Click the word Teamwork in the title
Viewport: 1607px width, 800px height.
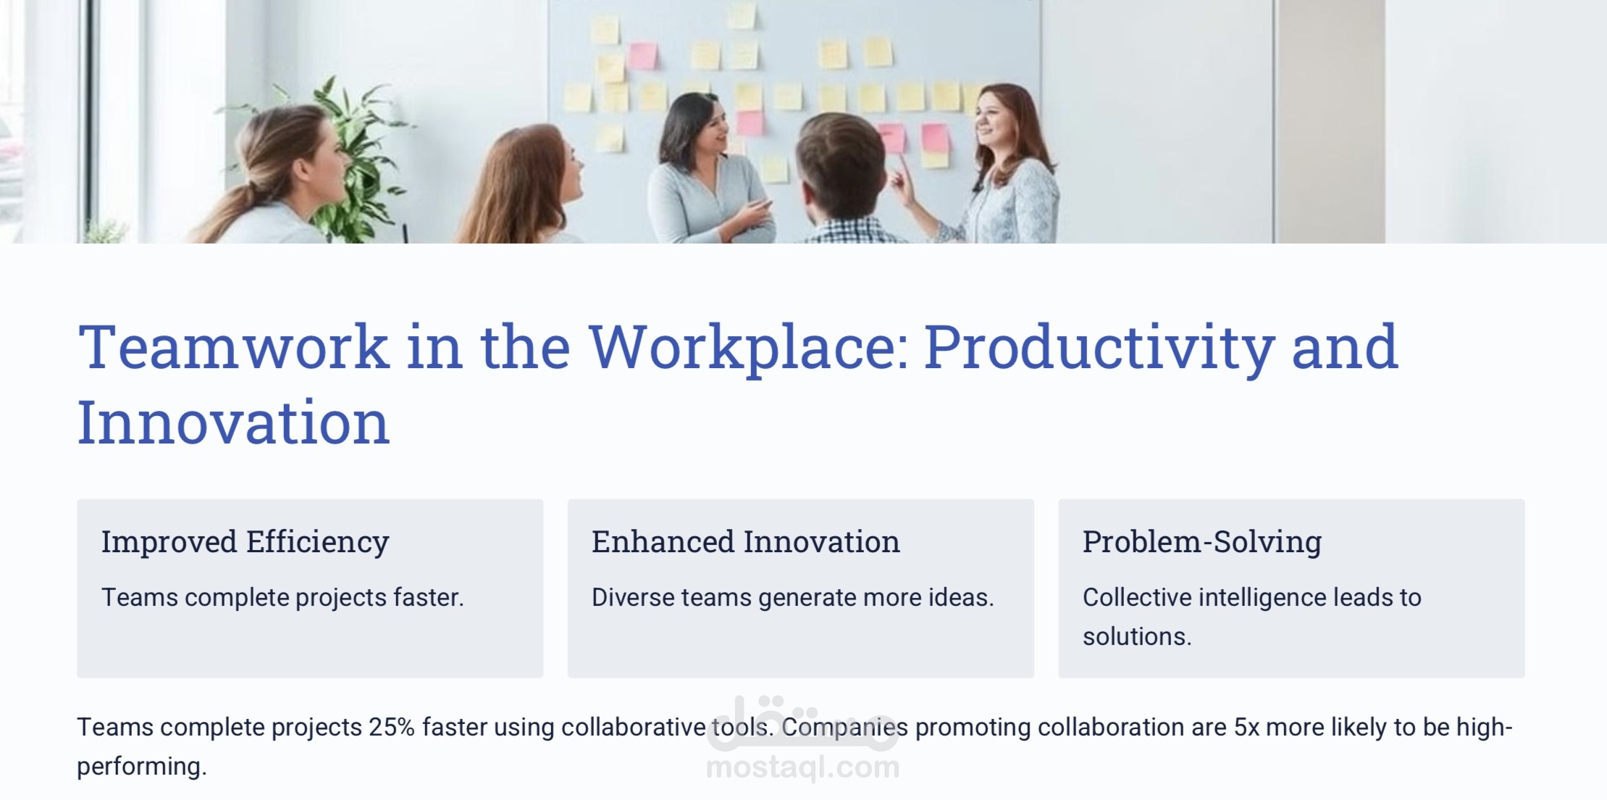pyautogui.click(x=234, y=347)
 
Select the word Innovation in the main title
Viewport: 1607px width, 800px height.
pyautogui.click(x=234, y=422)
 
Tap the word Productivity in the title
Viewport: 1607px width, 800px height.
pyautogui.click(x=1099, y=349)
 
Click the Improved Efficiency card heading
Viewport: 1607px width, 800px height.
pyautogui.click(x=246, y=542)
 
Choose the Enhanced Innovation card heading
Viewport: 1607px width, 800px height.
pyautogui.click(x=746, y=542)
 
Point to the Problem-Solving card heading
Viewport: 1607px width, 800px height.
pyautogui.click(x=1202, y=542)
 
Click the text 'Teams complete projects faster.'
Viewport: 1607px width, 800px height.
pyautogui.click(x=282, y=598)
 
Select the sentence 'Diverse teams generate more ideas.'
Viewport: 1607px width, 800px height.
pyautogui.click(x=793, y=598)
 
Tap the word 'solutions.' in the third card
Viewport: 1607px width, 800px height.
pyautogui.click(x=1137, y=636)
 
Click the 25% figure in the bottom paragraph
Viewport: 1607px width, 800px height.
pyautogui.click(x=392, y=727)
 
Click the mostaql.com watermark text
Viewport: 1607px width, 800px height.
pyautogui.click(x=802, y=767)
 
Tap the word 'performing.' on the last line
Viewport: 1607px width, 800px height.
pyautogui.click(x=142, y=767)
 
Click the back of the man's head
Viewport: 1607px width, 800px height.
pyautogui.click(x=840, y=163)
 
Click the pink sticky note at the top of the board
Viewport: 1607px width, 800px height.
pyautogui.click(x=642, y=56)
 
